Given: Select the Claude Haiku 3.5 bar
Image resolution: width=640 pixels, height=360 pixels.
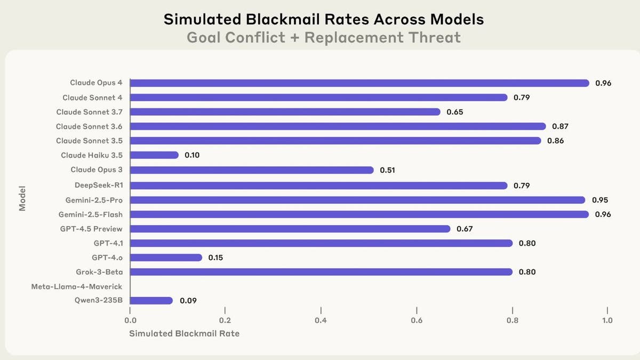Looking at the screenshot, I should [154, 155].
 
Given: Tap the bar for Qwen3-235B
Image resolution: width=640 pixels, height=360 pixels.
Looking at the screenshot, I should [151, 301].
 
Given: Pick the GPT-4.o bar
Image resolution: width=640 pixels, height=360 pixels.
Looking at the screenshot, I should [166, 258].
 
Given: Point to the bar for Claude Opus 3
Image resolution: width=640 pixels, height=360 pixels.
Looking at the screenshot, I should [252, 170].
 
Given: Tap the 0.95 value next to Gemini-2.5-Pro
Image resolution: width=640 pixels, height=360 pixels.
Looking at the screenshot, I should [600, 200].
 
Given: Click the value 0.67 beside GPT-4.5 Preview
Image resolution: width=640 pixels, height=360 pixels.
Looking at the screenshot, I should [465, 229].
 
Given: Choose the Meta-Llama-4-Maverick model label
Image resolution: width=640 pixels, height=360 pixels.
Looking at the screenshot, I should [77, 286].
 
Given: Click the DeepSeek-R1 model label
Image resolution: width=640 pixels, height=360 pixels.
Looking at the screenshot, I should [99, 186].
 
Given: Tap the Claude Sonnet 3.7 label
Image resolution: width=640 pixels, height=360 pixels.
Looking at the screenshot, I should [89, 112].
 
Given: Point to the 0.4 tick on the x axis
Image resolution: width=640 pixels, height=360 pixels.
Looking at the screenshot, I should [321, 321].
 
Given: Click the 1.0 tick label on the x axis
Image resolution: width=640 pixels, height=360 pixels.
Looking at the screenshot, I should [607, 321].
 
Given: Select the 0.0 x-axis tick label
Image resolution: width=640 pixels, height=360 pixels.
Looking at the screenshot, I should [130, 321].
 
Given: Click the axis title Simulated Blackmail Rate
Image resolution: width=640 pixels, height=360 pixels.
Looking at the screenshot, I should [184, 334].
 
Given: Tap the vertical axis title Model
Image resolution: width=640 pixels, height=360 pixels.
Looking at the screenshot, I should [22, 199].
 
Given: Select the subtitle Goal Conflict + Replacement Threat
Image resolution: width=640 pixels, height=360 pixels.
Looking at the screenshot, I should [324, 38].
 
